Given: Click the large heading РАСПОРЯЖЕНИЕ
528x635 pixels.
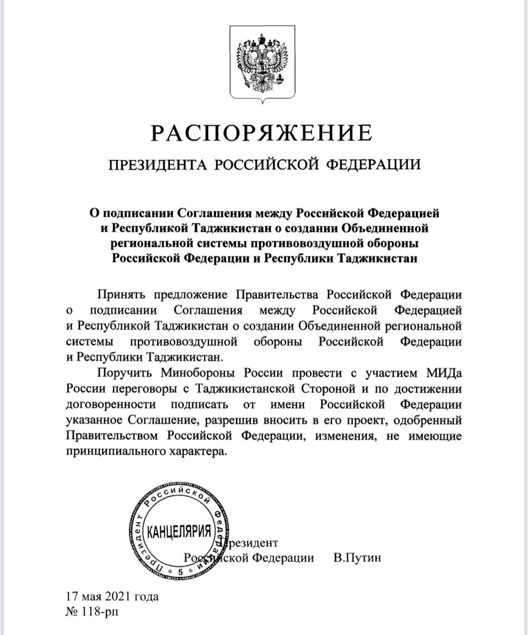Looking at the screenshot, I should [x=262, y=133].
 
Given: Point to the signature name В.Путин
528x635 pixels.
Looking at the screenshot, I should [x=357, y=558].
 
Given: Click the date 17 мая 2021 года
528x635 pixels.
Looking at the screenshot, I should [x=112, y=596].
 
